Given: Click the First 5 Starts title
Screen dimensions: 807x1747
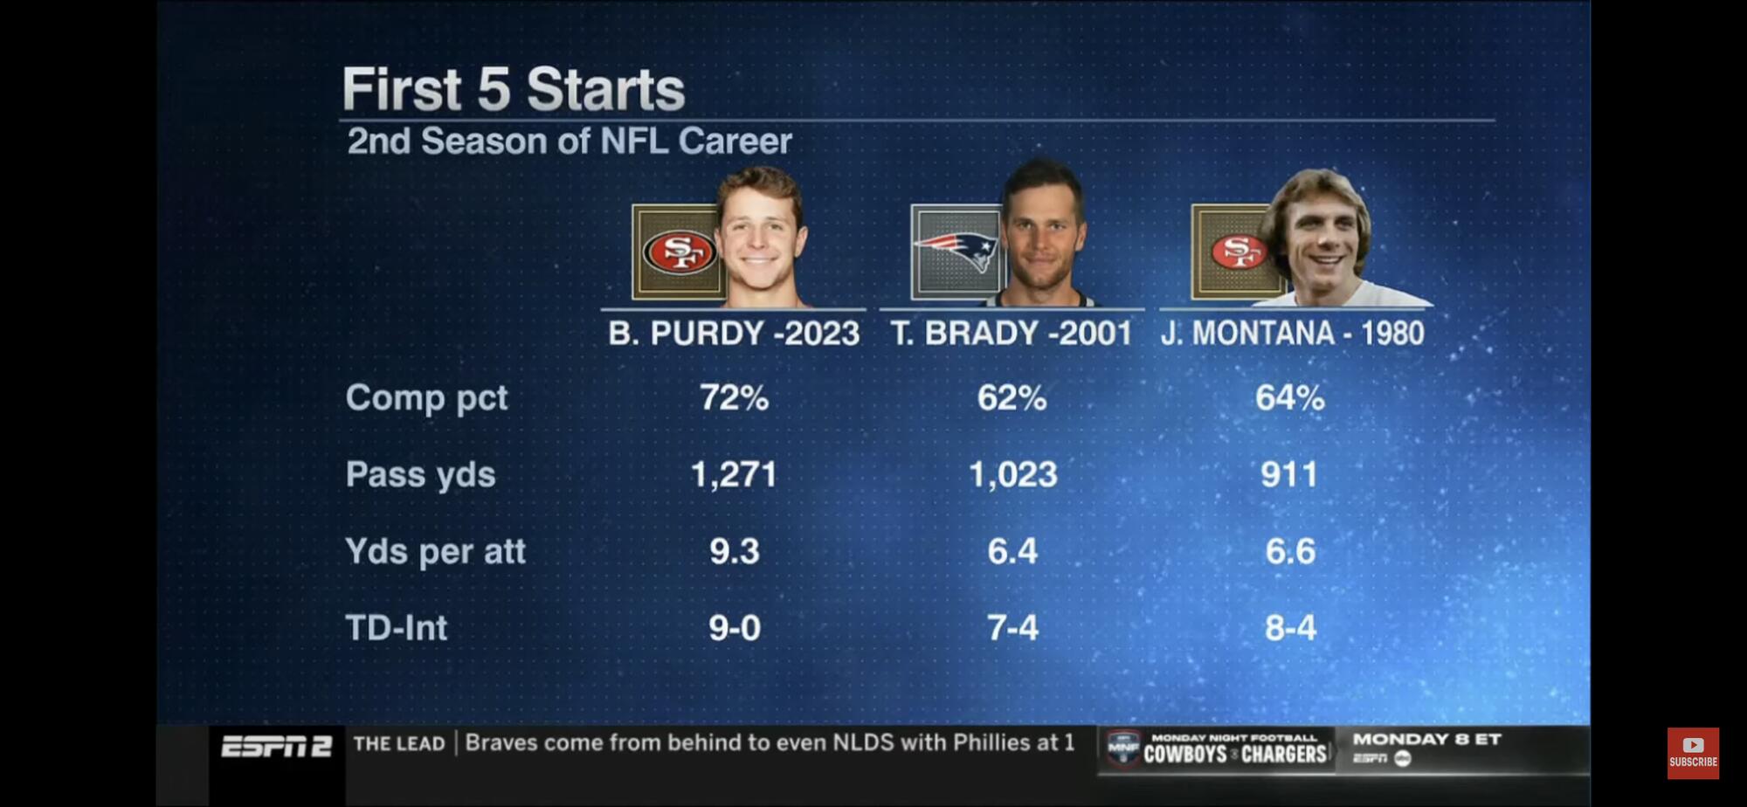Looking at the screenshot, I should (513, 89).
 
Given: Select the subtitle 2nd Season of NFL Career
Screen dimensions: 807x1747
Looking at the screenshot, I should (570, 141).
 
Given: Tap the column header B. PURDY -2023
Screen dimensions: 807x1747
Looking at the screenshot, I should (734, 334).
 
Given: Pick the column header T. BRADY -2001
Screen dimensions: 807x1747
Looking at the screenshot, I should (1011, 334).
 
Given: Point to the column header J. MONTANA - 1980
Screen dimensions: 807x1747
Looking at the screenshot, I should (1292, 334).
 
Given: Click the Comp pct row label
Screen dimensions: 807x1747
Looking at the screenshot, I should (426, 398).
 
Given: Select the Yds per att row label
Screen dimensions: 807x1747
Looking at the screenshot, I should (435, 552).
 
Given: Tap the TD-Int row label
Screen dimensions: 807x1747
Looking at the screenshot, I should (396, 628).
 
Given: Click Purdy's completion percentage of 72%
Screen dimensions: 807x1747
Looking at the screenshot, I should (734, 398).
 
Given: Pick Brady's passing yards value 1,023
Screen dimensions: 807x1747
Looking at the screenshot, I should (1012, 475).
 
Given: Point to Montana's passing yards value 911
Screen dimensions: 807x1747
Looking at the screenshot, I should (1289, 475).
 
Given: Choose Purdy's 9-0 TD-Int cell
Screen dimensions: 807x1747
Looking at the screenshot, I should (734, 628).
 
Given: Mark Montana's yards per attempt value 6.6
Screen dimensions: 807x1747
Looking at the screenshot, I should (1290, 552).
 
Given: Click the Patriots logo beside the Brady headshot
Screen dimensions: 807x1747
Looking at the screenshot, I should (956, 252).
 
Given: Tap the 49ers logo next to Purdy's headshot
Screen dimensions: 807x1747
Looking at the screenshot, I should (679, 252).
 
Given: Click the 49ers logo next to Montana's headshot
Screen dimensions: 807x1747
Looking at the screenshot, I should (1237, 252).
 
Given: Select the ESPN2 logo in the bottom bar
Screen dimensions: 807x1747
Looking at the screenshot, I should (276, 747).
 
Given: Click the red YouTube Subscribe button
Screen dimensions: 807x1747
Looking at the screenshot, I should (1693, 752).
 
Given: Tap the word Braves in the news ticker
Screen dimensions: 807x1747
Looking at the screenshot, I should (501, 743).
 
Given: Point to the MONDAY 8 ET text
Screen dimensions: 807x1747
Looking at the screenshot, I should (1426, 740).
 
